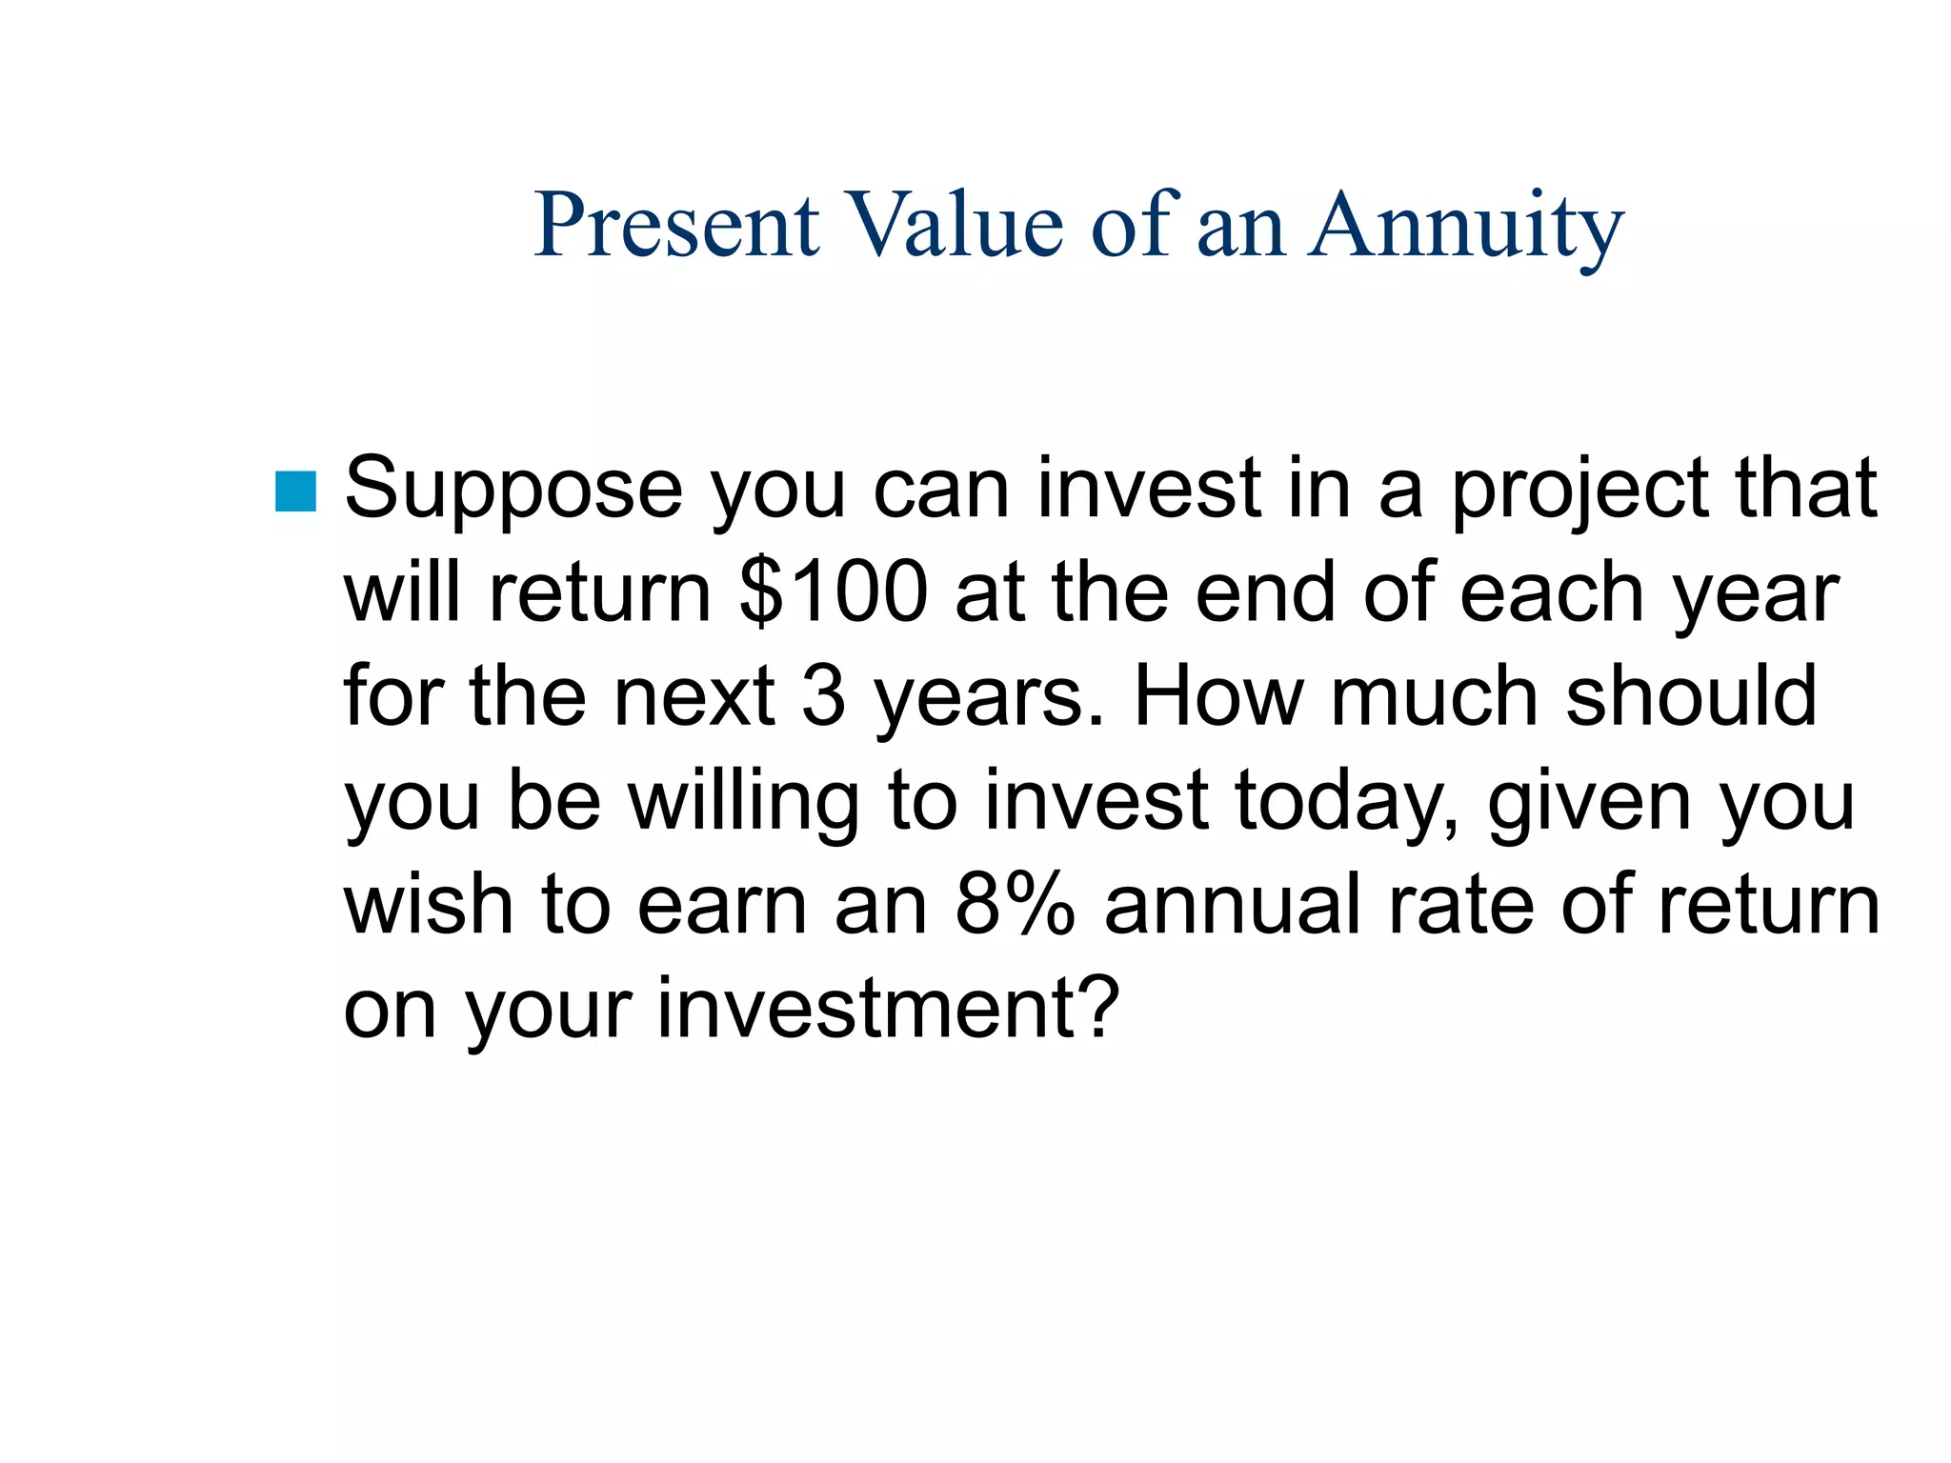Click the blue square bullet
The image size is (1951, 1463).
click(295, 491)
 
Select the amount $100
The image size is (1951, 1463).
click(833, 592)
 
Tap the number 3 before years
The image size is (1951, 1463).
click(823, 696)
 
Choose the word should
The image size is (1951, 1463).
click(1692, 696)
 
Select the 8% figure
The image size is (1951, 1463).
click(1014, 905)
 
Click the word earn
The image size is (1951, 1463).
click(723, 905)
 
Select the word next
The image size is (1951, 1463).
click(694, 696)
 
